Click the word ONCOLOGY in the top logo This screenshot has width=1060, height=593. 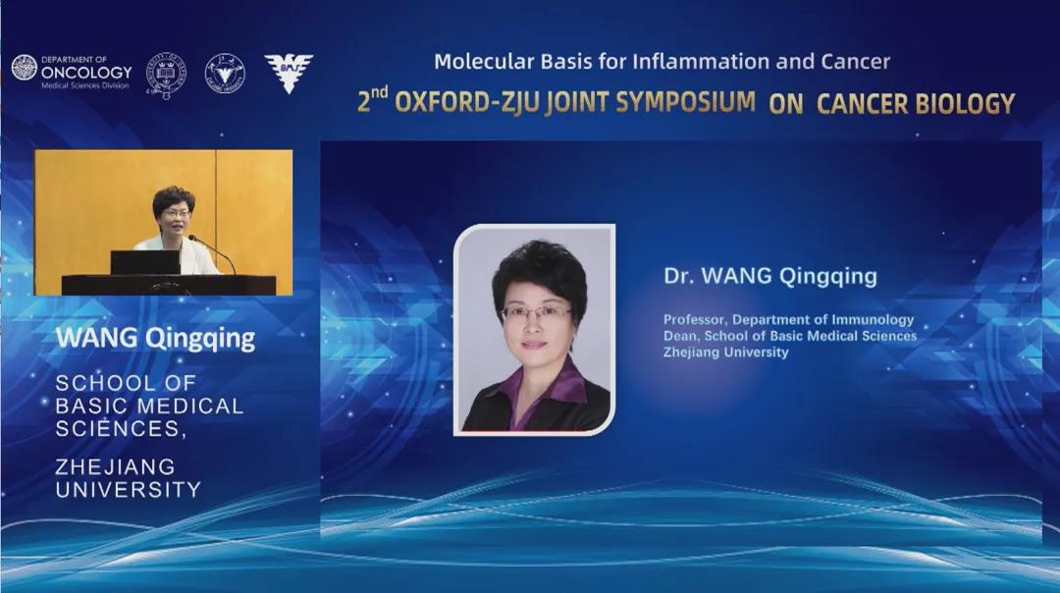pos(86,72)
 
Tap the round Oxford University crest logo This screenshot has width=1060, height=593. pos(166,74)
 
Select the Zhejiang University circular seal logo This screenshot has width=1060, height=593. pos(225,73)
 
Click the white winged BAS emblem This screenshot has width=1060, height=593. pos(289,73)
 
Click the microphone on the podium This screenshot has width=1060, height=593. pos(212,253)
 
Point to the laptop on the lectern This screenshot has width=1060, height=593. pos(145,262)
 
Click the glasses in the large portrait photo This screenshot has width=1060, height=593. pos(536,313)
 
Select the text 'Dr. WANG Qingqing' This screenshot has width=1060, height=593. pos(770,276)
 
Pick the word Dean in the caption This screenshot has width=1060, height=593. pos(679,336)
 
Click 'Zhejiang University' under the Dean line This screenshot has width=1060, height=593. pos(725,352)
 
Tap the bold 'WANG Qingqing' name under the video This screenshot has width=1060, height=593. pos(155,338)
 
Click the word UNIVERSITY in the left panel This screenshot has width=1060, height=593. pos(128,490)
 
